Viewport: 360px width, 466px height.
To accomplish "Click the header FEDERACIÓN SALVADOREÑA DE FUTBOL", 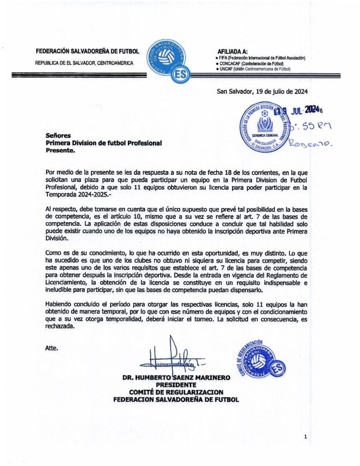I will (x=87, y=51).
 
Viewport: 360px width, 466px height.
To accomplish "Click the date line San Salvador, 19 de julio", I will (x=262, y=91).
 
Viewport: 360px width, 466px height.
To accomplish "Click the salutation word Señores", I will (x=58, y=136).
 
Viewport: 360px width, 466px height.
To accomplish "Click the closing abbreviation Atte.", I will (x=52, y=348).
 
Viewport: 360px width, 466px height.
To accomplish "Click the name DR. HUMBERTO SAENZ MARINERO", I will (x=176, y=378).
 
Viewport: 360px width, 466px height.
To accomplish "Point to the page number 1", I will (x=306, y=437).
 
